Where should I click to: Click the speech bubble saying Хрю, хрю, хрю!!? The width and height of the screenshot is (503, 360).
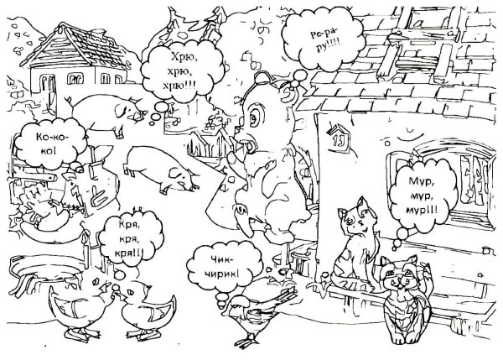[182, 71]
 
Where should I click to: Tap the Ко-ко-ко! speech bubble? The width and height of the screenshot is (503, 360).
[51, 143]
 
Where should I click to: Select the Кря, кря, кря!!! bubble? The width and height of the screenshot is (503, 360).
[131, 238]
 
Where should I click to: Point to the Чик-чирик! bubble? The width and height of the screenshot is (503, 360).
[225, 269]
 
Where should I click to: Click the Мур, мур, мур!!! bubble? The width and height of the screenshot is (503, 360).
[423, 196]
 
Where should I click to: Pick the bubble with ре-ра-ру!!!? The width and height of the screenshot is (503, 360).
[324, 39]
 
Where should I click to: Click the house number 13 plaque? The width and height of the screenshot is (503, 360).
[338, 138]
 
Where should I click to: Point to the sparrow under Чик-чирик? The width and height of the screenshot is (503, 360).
[260, 313]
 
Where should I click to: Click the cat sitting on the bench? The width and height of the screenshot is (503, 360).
[355, 248]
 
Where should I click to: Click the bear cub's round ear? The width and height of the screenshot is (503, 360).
[262, 79]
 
